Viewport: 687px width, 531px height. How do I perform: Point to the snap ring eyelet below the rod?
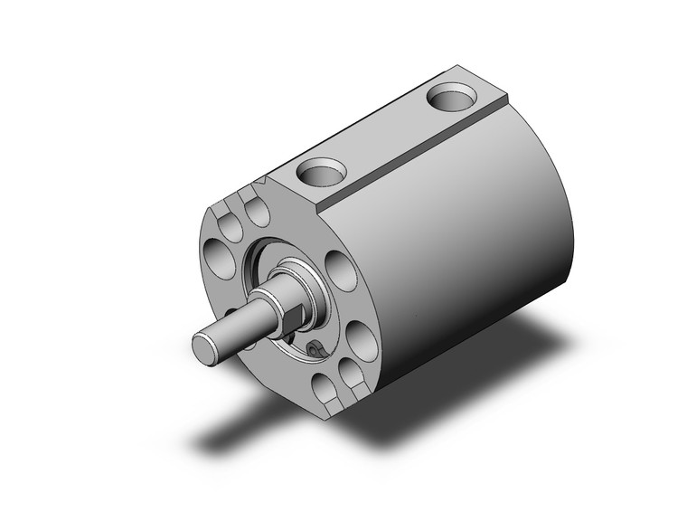tap(315, 349)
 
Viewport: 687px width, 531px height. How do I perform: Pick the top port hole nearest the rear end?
tap(449, 95)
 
